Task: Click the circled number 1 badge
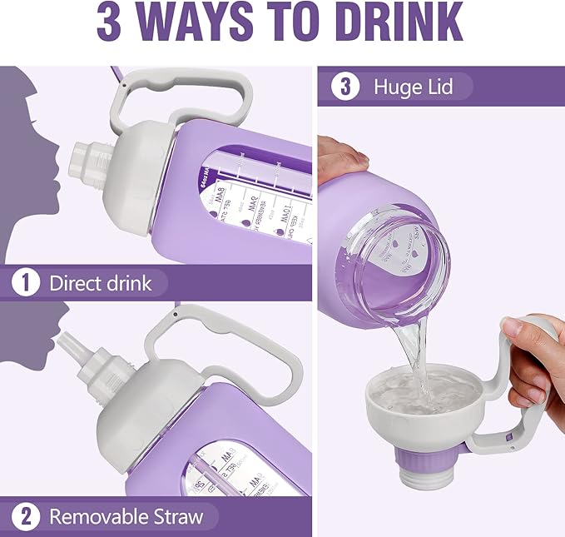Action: pyautogui.click(x=26, y=283)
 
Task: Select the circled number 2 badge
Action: pyautogui.click(x=26, y=516)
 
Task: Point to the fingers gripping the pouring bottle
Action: pyautogui.click(x=342, y=154)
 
